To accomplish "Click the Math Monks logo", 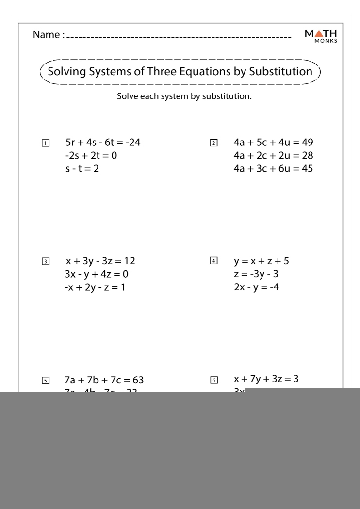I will pyautogui.click(x=322, y=35).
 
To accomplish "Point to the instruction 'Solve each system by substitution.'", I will pyautogui.click(x=184, y=96).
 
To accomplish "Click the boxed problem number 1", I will pyautogui.click(x=45, y=143).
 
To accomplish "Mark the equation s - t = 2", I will pyautogui.click(x=82, y=169).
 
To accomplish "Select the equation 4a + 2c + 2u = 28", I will pyautogui.click(x=273, y=156).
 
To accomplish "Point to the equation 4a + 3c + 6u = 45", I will pyautogui.click(x=273, y=169).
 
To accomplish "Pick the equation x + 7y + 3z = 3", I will pyautogui.click(x=266, y=379).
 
